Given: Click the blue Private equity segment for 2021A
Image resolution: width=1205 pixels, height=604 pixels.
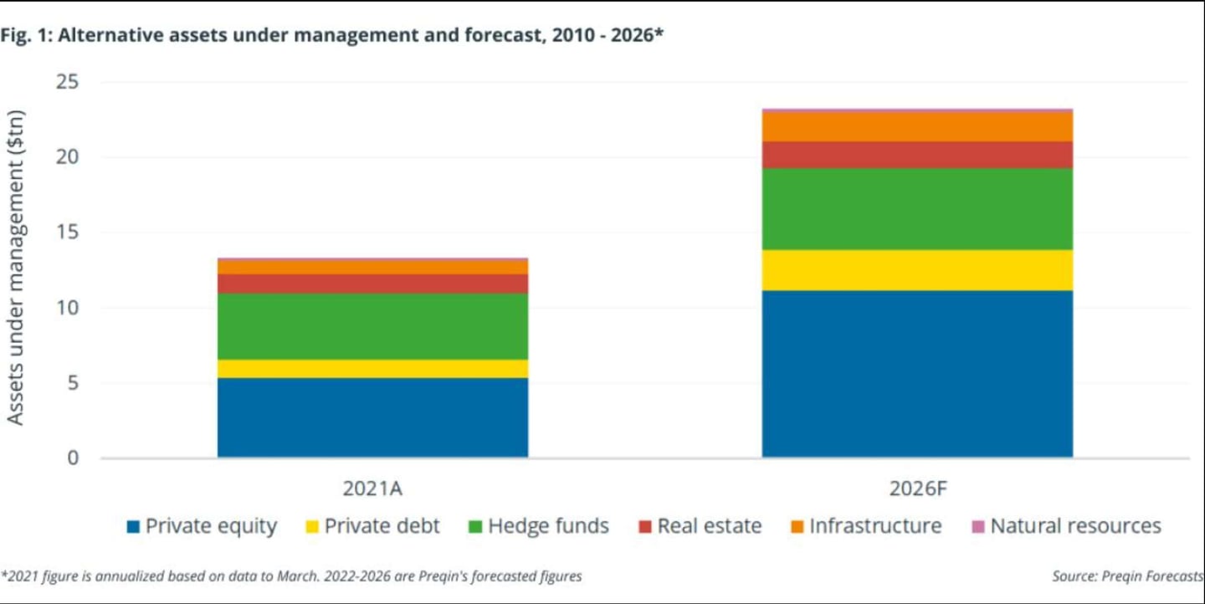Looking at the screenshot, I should tap(372, 417).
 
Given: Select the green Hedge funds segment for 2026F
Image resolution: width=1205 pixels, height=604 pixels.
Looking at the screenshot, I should tap(917, 209).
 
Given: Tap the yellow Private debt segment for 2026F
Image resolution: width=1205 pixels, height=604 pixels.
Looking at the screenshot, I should tap(917, 270).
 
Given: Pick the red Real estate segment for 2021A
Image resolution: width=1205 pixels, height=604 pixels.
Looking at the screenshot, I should tap(372, 284).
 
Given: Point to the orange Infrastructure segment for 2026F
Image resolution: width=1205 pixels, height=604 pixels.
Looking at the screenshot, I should tap(917, 126).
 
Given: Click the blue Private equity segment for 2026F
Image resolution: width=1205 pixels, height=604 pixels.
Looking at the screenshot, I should tap(917, 374).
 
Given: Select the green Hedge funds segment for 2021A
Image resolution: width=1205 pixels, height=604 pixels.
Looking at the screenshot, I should tap(372, 326).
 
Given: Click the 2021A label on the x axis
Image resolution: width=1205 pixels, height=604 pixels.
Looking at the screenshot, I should tap(372, 487).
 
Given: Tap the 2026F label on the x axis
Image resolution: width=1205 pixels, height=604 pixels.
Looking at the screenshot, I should tap(917, 487).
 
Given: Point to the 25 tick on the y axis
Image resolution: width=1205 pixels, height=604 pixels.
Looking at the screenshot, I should tap(67, 82).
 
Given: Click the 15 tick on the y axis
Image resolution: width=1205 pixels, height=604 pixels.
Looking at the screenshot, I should tap(67, 233).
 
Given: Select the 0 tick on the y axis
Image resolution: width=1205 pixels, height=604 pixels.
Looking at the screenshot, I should tap(73, 458).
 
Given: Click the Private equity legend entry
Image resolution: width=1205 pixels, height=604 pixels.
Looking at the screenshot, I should tap(202, 526).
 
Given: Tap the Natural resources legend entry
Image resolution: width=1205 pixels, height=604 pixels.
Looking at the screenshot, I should tap(1066, 526).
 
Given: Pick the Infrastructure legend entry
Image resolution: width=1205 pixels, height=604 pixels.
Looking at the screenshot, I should tap(865, 526).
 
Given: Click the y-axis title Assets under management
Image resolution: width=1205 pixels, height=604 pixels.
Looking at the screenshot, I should tap(16, 267).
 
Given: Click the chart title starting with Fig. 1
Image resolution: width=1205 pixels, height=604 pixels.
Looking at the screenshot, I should tap(335, 36).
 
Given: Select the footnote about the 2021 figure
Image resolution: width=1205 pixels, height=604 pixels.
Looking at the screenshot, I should tap(293, 576).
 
